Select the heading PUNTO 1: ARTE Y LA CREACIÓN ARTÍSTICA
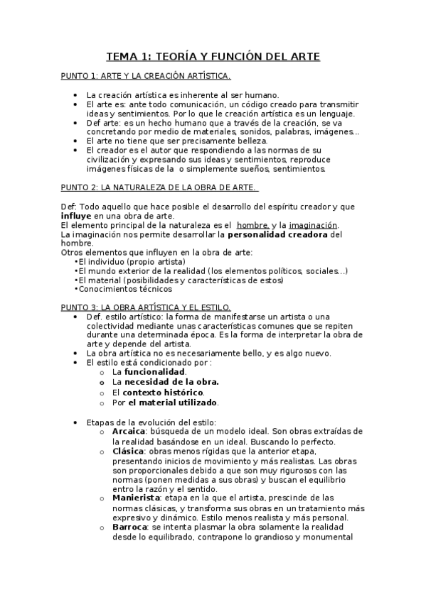[145, 75]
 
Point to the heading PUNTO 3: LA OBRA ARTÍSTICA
[146, 306]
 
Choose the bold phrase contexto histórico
[163, 392]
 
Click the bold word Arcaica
[129, 431]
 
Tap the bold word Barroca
[129, 528]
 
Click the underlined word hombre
[252, 225]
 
